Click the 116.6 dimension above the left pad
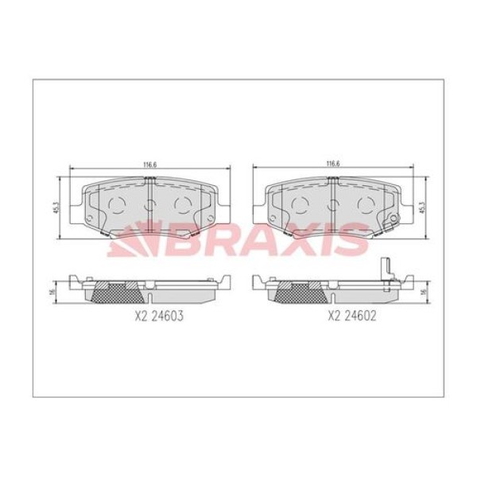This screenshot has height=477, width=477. [149, 165]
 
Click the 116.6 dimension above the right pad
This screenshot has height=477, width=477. [332, 165]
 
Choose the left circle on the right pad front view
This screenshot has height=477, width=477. [301, 205]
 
